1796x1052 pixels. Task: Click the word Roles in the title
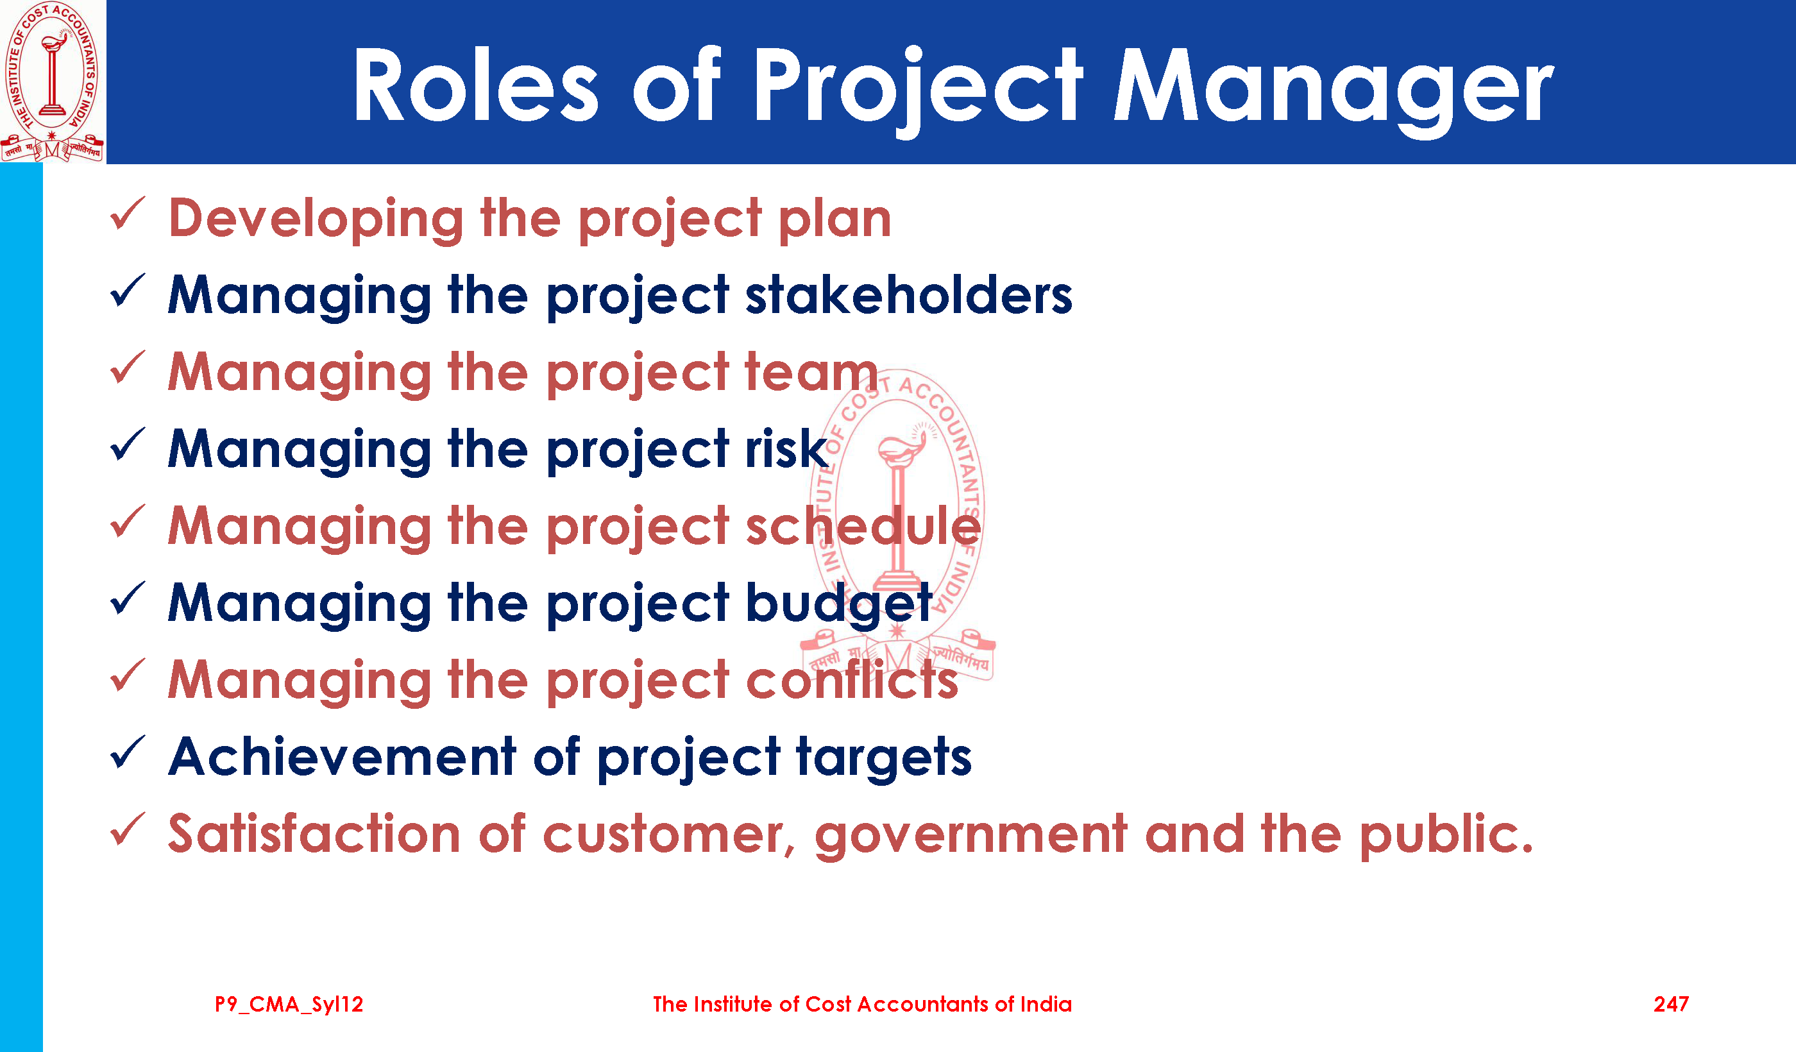click(x=476, y=86)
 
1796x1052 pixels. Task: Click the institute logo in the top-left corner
click(x=52, y=81)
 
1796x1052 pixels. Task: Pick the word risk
click(x=786, y=448)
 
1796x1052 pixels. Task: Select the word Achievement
click(x=342, y=756)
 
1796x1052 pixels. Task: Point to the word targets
click(x=884, y=759)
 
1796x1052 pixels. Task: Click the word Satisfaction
click(x=314, y=833)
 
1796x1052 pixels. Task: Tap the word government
click(x=970, y=836)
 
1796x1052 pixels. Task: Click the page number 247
click(x=1670, y=1005)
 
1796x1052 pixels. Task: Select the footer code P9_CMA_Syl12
click(x=289, y=1005)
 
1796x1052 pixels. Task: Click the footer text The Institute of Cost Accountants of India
click(x=862, y=1005)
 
